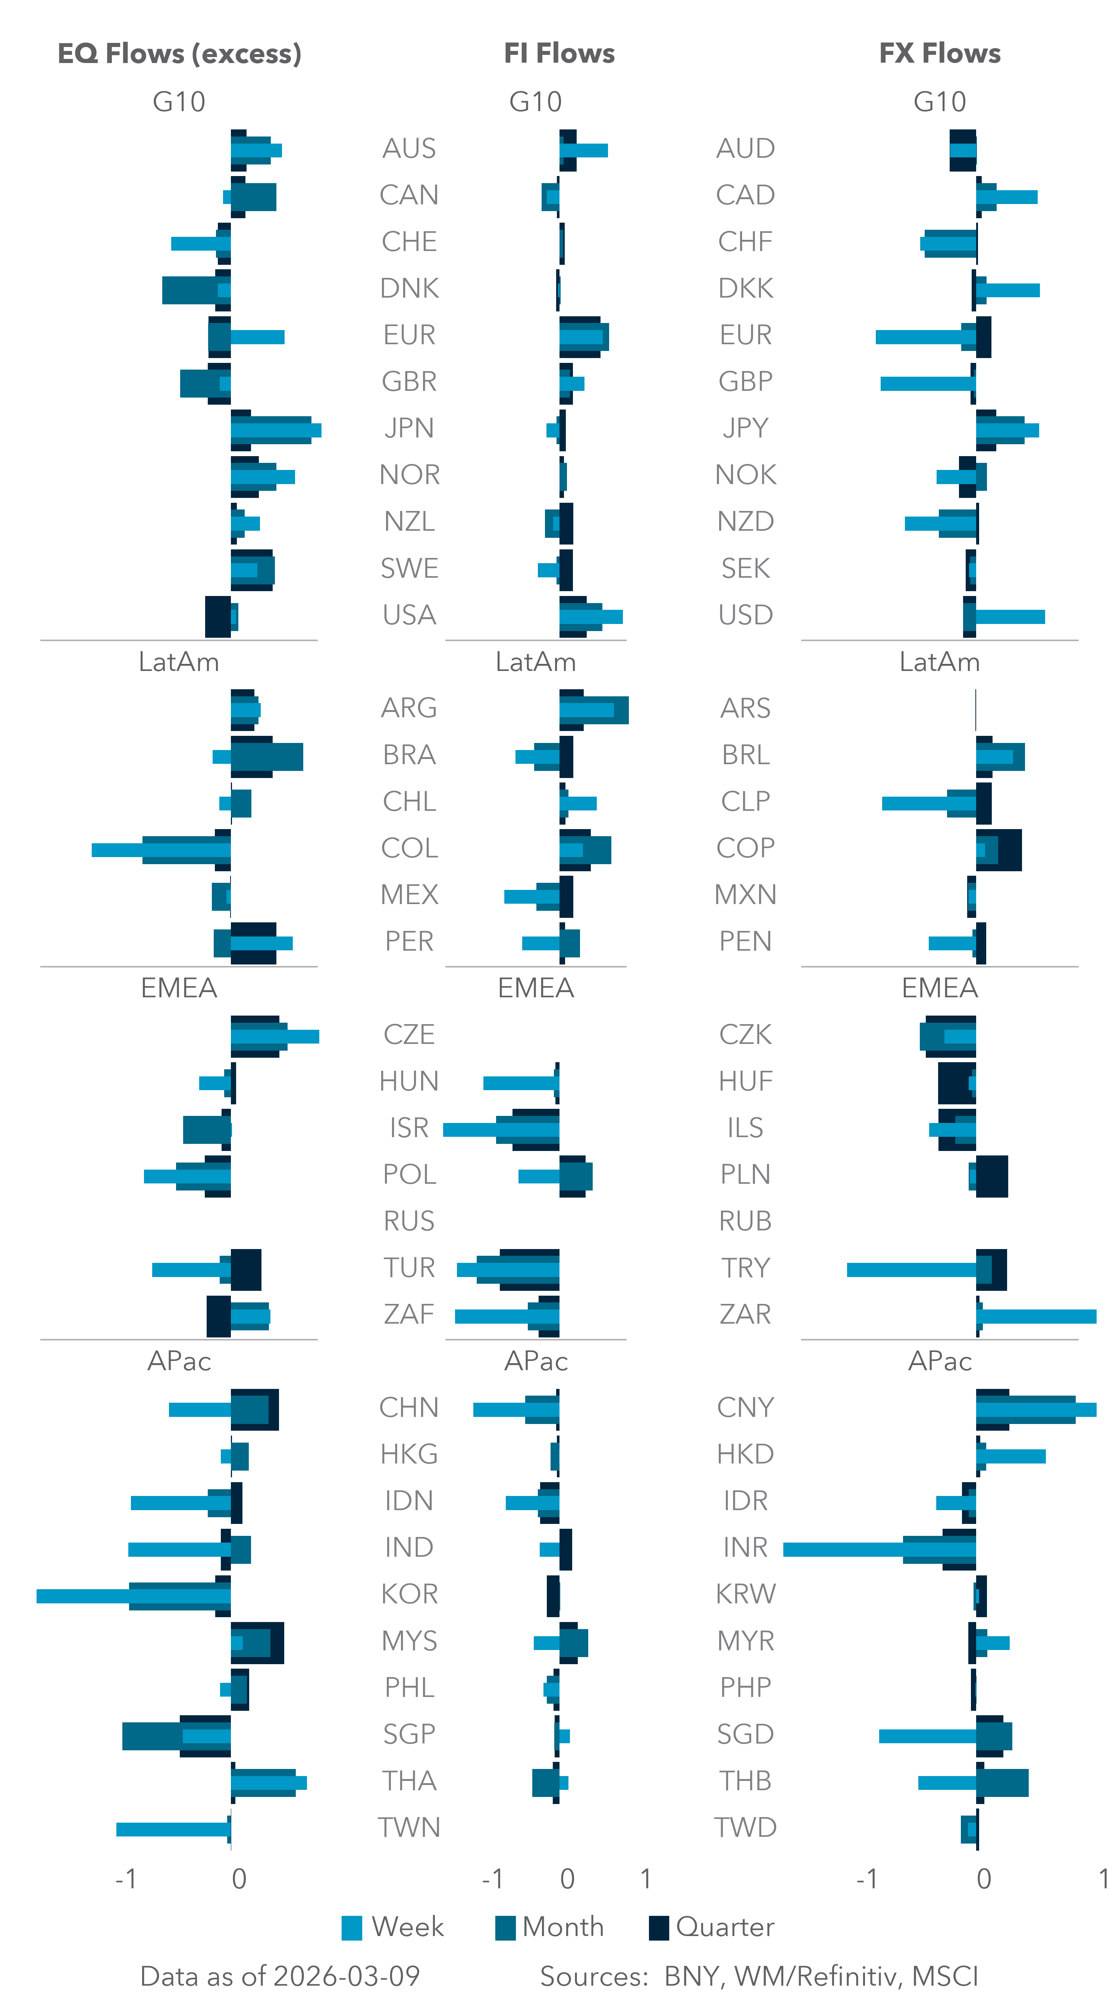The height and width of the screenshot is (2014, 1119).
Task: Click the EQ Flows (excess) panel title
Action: (179, 53)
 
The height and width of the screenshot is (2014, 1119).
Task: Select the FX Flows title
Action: (939, 53)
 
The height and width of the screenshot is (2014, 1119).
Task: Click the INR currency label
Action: (745, 1547)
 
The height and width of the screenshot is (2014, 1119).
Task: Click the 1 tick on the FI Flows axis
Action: (645, 1879)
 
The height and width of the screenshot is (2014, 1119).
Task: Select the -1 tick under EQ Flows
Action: (126, 1879)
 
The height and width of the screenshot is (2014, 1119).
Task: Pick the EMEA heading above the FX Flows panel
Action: (939, 988)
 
